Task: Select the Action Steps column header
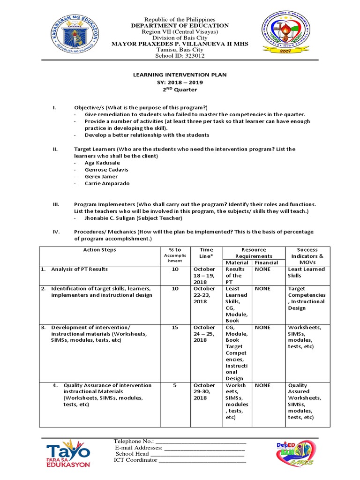99,250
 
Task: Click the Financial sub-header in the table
266,262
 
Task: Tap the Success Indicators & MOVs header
307,256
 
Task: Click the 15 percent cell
175,328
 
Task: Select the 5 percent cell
175,385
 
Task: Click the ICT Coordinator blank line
202,460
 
